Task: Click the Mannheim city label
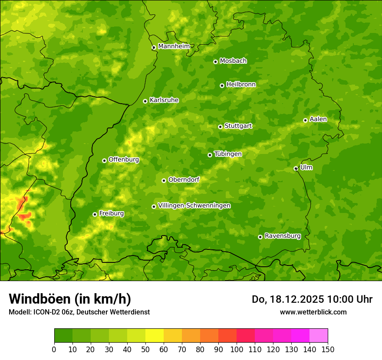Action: (174, 46)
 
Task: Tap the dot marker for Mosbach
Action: (215, 62)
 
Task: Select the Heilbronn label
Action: (241, 85)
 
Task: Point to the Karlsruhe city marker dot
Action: (145, 101)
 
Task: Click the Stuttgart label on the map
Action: (238, 126)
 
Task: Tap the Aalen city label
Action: (318, 119)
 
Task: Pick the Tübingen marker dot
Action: (210, 155)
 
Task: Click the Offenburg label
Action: (124, 160)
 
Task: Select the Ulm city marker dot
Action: (296, 168)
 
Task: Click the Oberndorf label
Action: (184, 180)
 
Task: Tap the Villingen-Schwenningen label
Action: (194, 206)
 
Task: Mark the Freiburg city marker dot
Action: (95, 214)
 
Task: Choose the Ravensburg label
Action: (283, 236)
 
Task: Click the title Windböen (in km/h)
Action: (70, 299)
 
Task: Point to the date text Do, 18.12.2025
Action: (288, 299)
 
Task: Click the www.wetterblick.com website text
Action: (313, 312)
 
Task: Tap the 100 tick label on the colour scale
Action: (237, 350)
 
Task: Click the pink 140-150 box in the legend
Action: (319, 336)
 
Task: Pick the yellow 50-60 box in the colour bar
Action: (155, 336)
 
